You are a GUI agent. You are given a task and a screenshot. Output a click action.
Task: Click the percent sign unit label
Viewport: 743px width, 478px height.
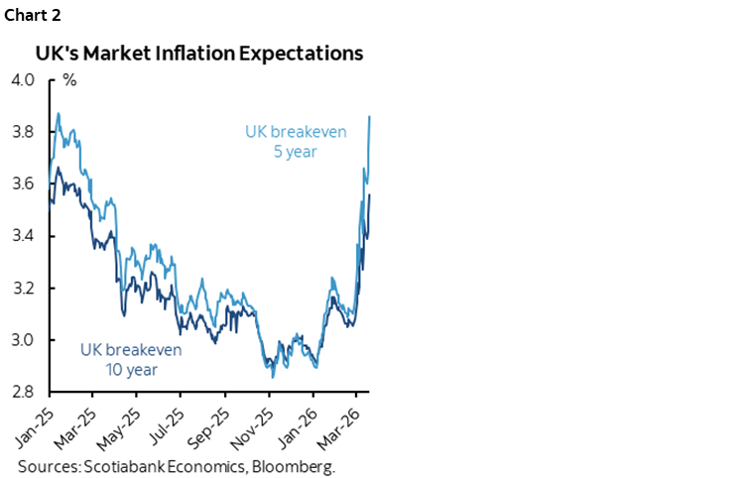pos(69,80)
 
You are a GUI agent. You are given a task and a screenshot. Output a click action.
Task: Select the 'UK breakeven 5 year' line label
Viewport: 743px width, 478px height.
pos(296,140)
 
